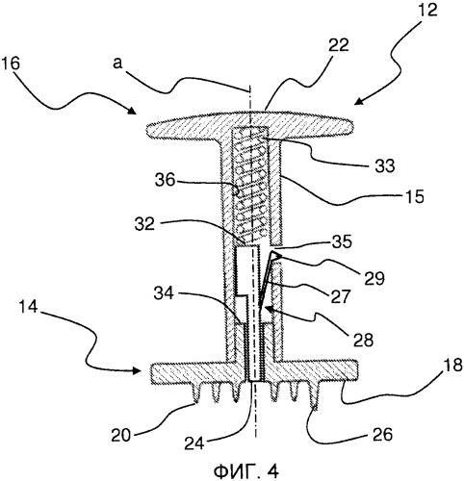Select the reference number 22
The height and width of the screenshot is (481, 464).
point(338,45)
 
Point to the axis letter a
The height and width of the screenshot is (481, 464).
point(117,63)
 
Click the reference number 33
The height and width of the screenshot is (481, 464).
point(384,165)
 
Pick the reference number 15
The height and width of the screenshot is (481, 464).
point(414,196)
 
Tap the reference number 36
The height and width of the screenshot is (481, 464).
point(166,181)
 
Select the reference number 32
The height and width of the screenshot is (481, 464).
point(144,224)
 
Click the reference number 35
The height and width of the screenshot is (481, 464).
point(342,242)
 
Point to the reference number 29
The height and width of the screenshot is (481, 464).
point(374,278)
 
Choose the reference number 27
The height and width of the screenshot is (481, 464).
point(341,296)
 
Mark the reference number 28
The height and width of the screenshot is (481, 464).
point(364,340)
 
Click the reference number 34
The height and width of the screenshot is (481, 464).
point(164,293)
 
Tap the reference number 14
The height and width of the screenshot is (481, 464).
point(28,308)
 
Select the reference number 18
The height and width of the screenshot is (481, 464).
point(452,365)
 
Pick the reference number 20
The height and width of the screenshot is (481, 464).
point(121,435)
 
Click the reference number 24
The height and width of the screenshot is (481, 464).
point(193,443)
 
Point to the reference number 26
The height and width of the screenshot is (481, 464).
point(382,435)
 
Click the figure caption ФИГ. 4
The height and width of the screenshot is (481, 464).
point(246,471)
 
